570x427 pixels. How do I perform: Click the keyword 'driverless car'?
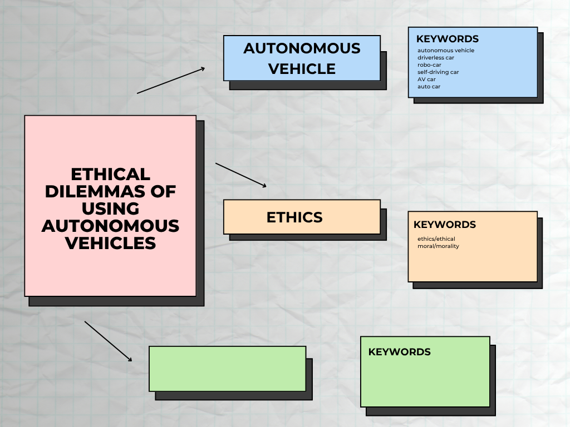tap(436, 58)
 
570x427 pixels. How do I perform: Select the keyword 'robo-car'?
tap(429, 65)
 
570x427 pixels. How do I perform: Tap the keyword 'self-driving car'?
tap(438, 72)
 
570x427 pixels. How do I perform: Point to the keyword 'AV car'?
tap(426, 80)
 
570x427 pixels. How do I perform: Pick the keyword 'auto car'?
tap(429, 87)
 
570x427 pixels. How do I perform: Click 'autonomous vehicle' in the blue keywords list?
tap(446, 51)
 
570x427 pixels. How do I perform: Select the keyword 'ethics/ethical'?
tap(436, 239)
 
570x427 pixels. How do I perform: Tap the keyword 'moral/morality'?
tap(438, 246)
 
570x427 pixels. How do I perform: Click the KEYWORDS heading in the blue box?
tap(448, 39)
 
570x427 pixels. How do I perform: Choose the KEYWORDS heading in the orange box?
tap(445, 225)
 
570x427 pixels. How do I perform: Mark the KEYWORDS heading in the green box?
tap(400, 352)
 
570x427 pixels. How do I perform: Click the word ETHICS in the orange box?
tap(294, 217)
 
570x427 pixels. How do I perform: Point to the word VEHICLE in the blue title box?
tap(302, 69)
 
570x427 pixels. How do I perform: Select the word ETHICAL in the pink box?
tap(111, 174)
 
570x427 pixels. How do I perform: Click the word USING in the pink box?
tap(110, 208)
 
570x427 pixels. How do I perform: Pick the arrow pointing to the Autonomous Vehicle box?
tap(171, 81)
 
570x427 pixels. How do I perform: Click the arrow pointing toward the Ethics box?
tap(241, 175)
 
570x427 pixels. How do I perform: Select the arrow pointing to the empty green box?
tap(109, 341)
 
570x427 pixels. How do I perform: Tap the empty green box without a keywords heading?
tap(227, 369)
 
